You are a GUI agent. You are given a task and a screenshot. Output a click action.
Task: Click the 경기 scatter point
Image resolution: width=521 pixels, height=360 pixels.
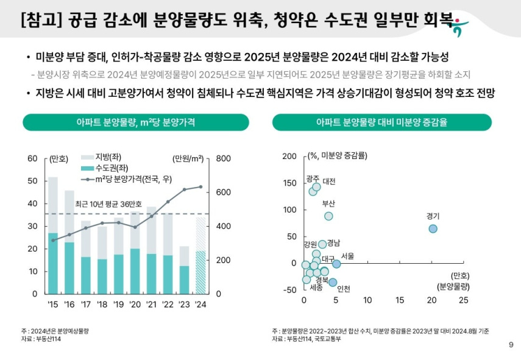(433, 228)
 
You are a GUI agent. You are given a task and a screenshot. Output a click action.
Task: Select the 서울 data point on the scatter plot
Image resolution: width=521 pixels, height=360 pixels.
(336, 264)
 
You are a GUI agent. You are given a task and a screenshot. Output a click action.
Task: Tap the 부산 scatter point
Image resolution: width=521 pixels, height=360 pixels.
(328, 216)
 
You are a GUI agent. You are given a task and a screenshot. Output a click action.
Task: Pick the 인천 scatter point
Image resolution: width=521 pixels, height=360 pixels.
(333, 282)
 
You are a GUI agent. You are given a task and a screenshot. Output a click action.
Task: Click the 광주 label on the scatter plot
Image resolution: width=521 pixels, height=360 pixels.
(313, 178)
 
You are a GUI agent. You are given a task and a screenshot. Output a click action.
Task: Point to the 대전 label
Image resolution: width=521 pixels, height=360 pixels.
(328, 182)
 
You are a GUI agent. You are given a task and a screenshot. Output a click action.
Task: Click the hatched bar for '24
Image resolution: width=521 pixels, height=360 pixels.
(200, 271)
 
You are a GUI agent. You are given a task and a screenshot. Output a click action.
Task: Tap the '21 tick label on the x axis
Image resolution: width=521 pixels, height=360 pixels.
(151, 304)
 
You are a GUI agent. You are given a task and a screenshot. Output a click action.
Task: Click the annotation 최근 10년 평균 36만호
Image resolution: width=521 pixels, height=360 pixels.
(108, 203)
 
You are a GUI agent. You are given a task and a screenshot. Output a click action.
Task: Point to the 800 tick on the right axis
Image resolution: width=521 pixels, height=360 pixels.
(223, 159)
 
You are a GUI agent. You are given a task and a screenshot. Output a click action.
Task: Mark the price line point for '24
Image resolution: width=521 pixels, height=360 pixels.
(200, 187)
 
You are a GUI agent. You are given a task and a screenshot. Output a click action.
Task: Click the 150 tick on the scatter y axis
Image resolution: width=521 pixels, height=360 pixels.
(290, 183)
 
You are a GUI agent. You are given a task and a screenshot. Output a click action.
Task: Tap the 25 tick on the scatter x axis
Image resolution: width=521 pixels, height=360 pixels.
(463, 300)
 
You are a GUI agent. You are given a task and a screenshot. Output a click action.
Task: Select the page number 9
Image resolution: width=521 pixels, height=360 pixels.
(511, 345)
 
